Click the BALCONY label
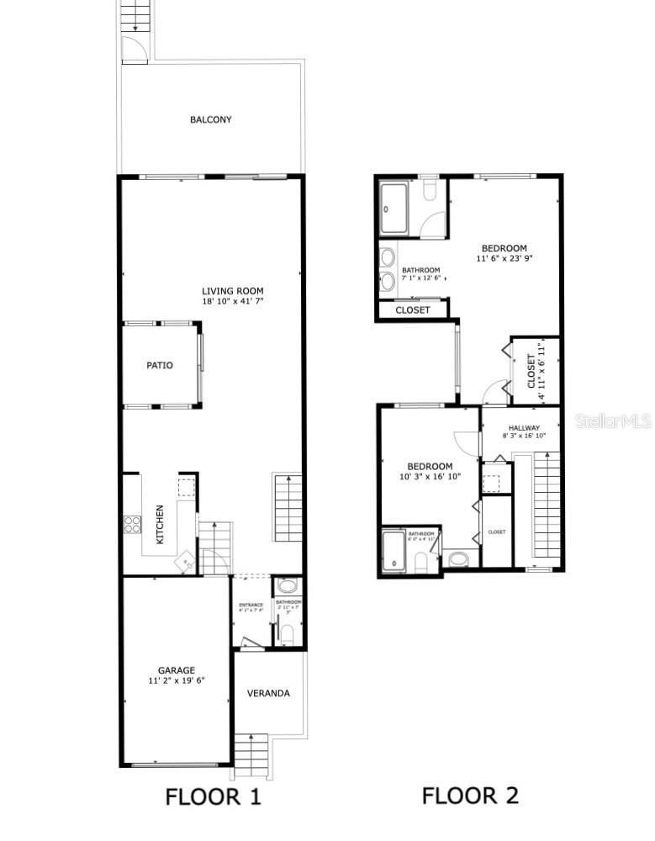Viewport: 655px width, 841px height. [x=210, y=119]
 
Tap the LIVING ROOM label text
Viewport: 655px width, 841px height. [x=233, y=291]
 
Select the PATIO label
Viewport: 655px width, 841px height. [x=160, y=365]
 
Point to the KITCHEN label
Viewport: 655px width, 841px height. [x=160, y=523]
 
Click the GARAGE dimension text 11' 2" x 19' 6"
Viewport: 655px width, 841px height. [x=177, y=680]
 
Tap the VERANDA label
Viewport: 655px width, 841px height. [x=268, y=693]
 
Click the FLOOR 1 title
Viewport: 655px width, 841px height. [x=214, y=796]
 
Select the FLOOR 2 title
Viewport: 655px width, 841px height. [x=470, y=795]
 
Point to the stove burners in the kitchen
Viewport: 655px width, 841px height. [x=133, y=525]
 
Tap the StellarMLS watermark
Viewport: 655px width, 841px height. [x=613, y=420]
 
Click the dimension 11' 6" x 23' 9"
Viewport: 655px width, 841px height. [x=504, y=259]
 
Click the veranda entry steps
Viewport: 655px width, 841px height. [x=250, y=754]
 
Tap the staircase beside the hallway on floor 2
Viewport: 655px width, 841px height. [x=547, y=505]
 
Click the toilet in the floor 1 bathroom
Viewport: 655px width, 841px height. [x=287, y=586]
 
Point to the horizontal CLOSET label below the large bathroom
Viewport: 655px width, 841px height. [x=412, y=309]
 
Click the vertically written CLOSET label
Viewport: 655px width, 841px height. [x=531, y=371]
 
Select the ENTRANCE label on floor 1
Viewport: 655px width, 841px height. [x=251, y=605]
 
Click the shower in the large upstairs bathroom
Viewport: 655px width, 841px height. [x=398, y=207]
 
